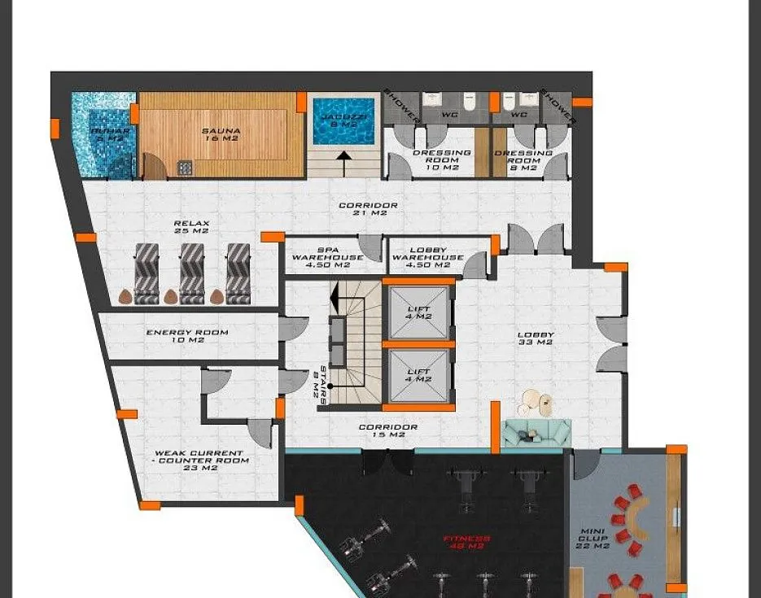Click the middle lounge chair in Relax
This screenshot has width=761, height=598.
(x=192, y=268)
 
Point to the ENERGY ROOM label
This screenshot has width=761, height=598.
(x=187, y=336)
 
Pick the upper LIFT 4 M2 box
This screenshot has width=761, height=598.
(x=418, y=311)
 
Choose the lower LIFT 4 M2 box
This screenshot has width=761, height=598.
(x=418, y=375)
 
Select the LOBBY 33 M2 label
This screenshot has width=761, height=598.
(x=536, y=338)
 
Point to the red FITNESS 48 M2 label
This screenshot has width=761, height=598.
(x=466, y=542)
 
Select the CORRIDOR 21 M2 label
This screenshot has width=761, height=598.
(x=368, y=209)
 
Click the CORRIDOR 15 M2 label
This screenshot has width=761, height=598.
(x=388, y=431)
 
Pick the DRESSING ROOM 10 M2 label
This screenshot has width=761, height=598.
(x=442, y=160)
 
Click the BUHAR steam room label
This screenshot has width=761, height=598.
(x=103, y=134)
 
